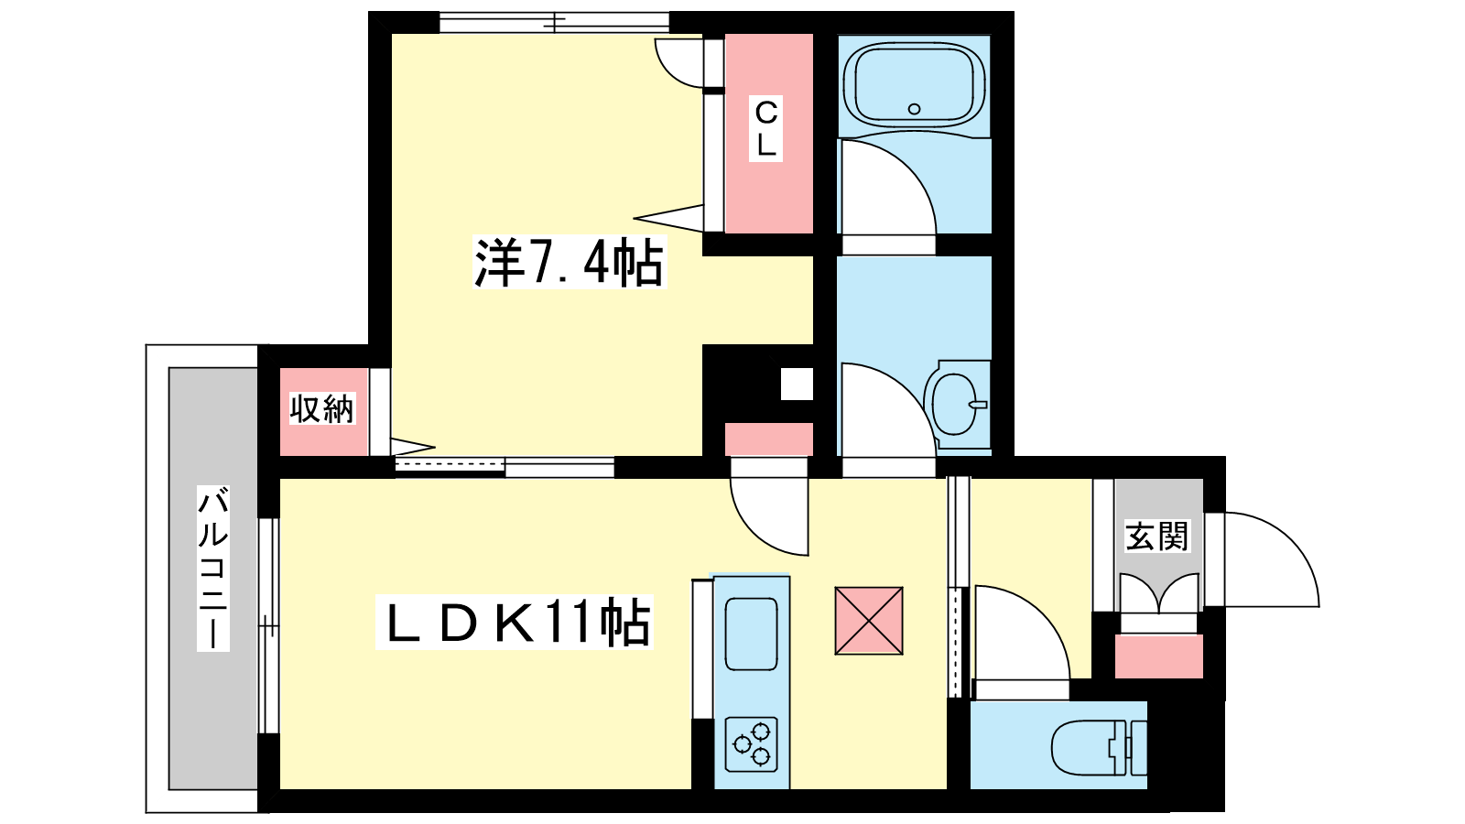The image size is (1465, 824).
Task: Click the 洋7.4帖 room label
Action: (569, 262)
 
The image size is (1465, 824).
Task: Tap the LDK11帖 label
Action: (515, 622)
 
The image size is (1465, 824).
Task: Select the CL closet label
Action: (765, 129)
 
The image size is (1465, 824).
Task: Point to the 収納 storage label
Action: (321, 408)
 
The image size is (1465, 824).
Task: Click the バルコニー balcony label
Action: (213, 569)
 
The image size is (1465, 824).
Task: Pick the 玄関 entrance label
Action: (1157, 536)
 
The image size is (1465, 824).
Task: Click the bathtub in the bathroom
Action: (915, 85)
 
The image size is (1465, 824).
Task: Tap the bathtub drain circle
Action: (915, 109)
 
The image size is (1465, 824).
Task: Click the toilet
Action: (1099, 745)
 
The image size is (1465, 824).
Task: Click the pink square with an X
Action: (869, 621)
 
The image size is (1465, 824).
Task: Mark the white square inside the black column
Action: (797, 384)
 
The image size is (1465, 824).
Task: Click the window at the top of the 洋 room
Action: (554, 23)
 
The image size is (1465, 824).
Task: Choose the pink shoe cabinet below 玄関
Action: (1159, 656)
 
